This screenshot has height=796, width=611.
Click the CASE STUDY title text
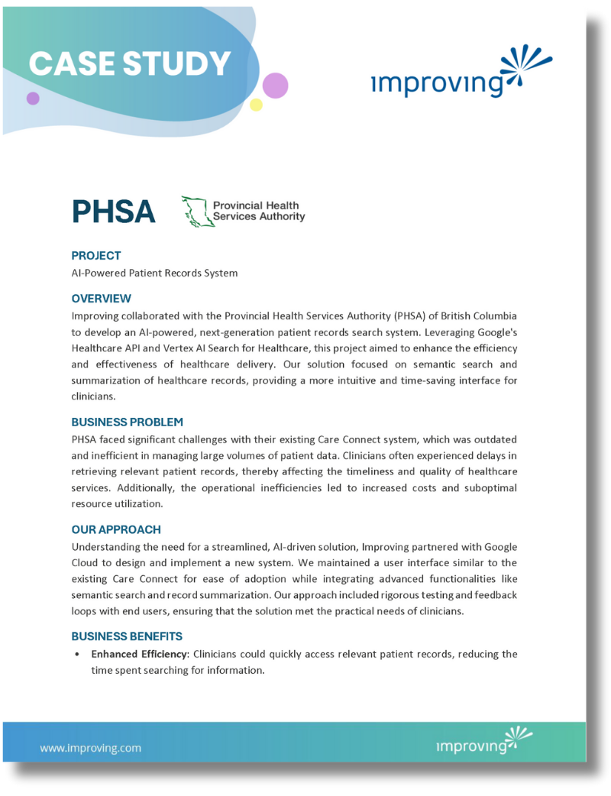pyautogui.click(x=130, y=63)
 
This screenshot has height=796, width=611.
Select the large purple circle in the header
pyautogui.click(x=275, y=85)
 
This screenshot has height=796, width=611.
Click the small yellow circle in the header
pyautogui.click(x=257, y=105)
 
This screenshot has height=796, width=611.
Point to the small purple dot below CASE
pyautogui.click(x=33, y=99)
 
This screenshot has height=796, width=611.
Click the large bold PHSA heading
pyautogui.click(x=114, y=211)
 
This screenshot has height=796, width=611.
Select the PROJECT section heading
pyautogui.click(x=96, y=256)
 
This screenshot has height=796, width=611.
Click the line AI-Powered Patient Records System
pyautogui.click(x=154, y=273)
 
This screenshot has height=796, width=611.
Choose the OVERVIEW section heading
pyautogui.click(x=102, y=299)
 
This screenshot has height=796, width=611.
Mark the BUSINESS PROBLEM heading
pyautogui.click(x=128, y=422)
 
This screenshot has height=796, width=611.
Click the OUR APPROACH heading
pyautogui.click(x=116, y=529)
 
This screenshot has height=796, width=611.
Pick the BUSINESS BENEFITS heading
pyautogui.click(x=127, y=636)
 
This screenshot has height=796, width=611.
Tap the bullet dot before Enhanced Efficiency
pyautogui.click(x=77, y=655)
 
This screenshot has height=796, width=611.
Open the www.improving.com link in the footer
pyautogui.click(x=90, y=748)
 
